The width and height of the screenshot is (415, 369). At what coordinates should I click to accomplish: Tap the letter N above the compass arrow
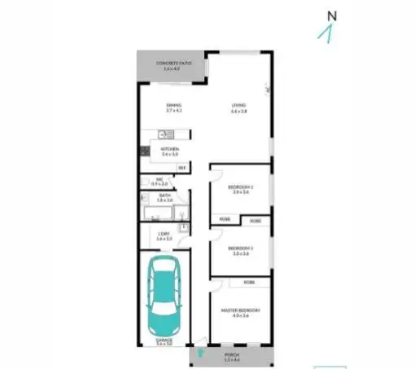point(331,15)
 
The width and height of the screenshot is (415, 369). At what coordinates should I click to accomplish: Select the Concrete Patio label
point(171,66)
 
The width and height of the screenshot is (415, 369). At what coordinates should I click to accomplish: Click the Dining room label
point(173,107)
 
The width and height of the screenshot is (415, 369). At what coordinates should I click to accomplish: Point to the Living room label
point(238,107)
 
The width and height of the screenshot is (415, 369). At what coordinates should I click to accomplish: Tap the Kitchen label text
point(170,151)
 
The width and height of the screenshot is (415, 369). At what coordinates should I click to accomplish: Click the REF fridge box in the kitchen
point(182,168)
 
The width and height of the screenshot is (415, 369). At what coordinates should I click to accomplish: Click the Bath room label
point(164,197)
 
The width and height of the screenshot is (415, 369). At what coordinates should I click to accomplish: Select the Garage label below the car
point(164,342)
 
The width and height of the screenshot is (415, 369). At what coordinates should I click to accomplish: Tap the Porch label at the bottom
point(233,358)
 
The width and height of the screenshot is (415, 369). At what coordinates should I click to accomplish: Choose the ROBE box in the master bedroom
point(247,282)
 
